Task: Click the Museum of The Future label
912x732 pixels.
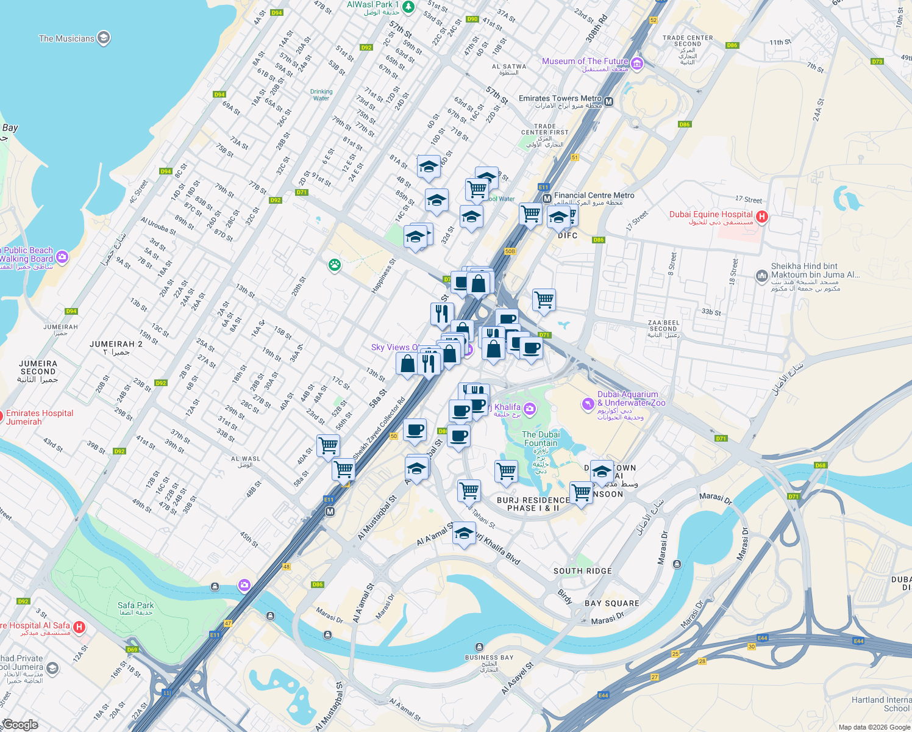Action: (585, 62)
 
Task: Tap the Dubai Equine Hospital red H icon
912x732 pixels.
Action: (761, 216)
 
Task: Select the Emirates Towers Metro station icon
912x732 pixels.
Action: (608, 101)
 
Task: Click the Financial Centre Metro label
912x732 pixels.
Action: (594, 196)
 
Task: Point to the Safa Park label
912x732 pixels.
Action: (135, 606)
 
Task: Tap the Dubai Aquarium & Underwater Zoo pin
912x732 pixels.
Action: (588, 403)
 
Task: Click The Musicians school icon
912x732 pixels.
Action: (104, 38)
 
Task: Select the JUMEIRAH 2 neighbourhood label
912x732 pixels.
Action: (116, 345)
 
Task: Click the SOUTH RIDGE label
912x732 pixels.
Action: (582, 571)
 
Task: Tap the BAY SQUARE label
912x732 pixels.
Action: (611, 603)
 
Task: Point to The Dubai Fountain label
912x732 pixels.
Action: (540, 439)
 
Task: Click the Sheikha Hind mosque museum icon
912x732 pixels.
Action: (761, 276)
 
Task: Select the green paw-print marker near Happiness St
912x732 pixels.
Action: (334, 265)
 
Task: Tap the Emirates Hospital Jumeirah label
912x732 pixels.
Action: (40, 417)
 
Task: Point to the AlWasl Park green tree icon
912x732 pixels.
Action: (408, 7)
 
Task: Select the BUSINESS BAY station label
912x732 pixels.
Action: (489, 658)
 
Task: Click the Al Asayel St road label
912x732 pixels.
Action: (517, 678)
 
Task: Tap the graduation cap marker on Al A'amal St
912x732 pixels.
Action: (464, 534)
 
